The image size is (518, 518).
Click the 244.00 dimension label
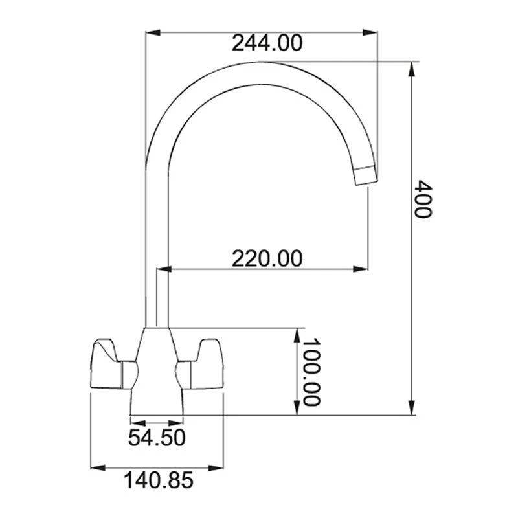click(267, 43)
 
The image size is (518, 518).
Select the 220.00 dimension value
click(267, 258)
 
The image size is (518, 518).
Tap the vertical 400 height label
click(422, 199)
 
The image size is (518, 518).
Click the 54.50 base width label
click(157, 438)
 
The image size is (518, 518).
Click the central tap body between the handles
click(157, 369)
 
